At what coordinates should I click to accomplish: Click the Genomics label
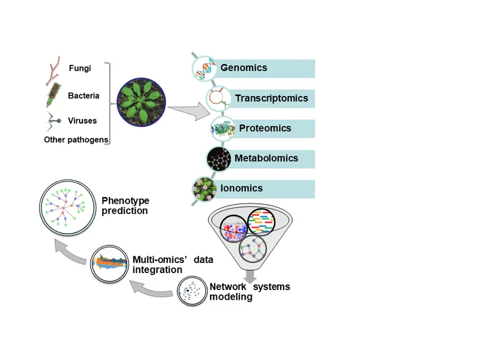[243, 68]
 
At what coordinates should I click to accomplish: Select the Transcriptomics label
[271, 99]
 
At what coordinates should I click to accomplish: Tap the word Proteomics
[265, 129]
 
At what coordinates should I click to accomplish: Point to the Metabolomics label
[266, 159]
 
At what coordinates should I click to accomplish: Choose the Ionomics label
[241, 188]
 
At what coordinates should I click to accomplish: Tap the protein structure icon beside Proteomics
[222, 129]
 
